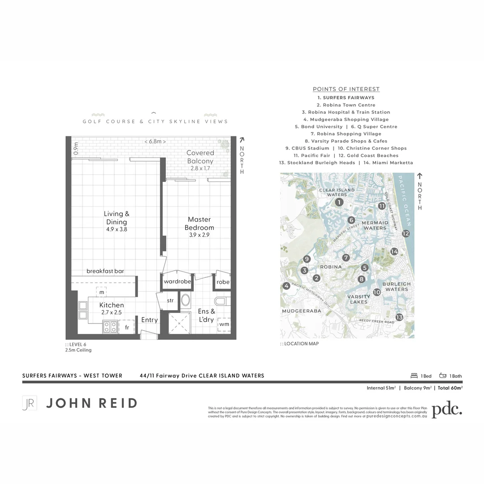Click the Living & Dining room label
117,221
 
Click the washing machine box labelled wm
224,324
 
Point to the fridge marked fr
127,328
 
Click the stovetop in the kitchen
110,327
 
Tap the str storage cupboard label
170,301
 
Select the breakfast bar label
105,271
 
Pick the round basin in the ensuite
186,300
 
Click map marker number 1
340,203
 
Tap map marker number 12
406,233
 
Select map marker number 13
399,317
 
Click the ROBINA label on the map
331,267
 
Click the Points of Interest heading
346,89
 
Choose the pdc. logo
446,410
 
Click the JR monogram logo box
29,403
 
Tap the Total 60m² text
450,388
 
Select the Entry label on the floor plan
149,320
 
